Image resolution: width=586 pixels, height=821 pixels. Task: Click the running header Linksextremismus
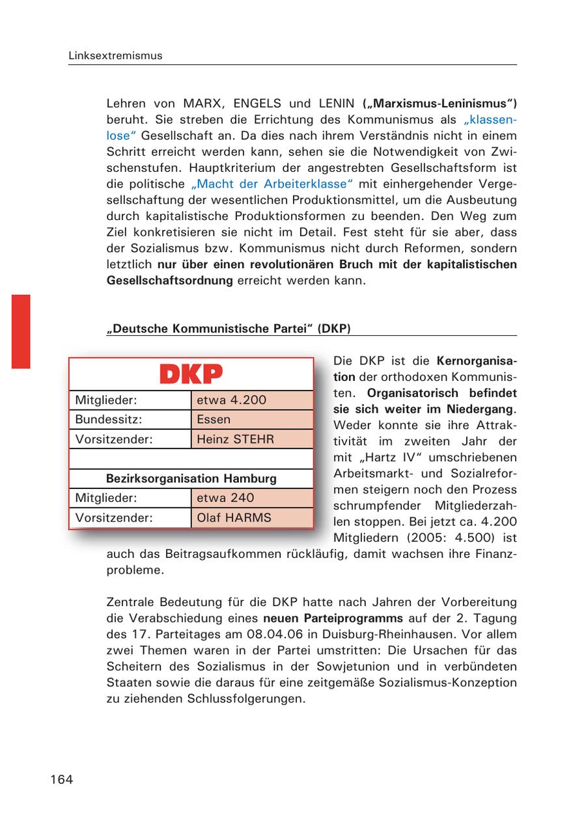pyautogui.click(x=115, y=56)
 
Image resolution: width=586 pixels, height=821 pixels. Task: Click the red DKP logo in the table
pyautogui.click(x=191, y=374)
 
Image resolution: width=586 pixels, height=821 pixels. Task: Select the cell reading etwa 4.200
pyautogui.click(x=252, y=400)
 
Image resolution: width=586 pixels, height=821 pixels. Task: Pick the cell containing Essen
pyautogui.click(x=252, y=419)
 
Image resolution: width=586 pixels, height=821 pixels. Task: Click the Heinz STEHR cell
pyautogui.click(x=252, y=439)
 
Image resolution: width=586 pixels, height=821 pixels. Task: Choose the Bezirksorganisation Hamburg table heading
pyautogui.click(x=191, y=479)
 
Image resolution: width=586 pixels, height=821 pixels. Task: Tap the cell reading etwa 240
pyautogui.click(x=252, y=498)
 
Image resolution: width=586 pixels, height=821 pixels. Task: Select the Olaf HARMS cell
pyautogui.click(x=252, y=518)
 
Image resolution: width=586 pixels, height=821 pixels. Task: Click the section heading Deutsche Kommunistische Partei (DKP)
pyautogui.click(x=229, y=329)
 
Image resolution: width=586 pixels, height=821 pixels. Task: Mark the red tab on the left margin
pyautogui.click(x=21, y=331)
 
